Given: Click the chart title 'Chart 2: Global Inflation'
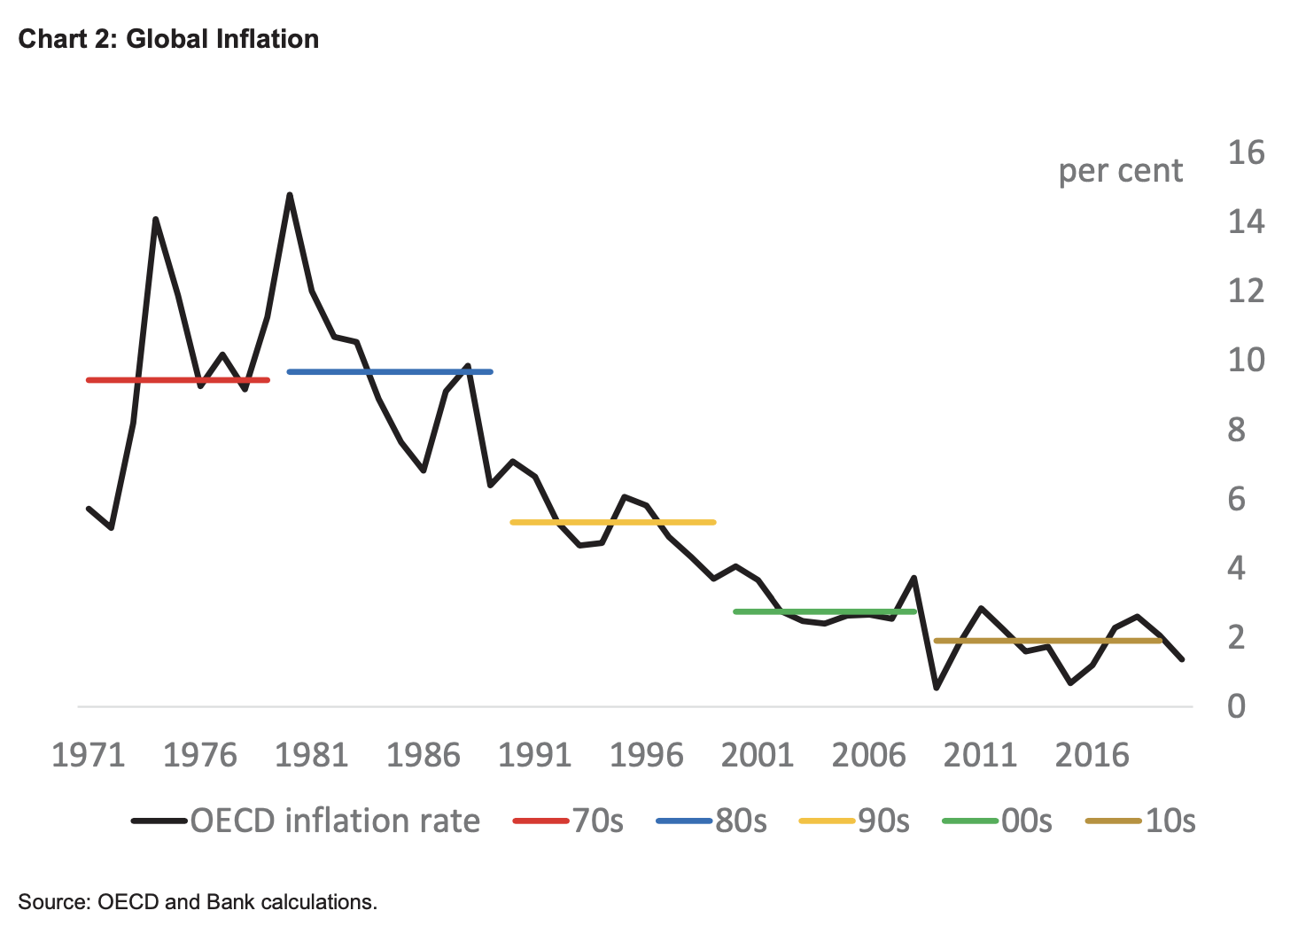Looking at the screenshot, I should coord(168,39).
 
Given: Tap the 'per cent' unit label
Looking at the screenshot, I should coord(1120,170).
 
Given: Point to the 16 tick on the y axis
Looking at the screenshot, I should coord(1246,152).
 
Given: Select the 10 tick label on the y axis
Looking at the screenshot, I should coord(1246,360).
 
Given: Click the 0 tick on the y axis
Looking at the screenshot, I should coord(1236,706).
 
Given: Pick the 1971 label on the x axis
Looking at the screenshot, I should coord(89,755).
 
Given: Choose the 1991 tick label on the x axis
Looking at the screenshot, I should coord(534,755).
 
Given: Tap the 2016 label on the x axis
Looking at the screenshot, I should coord(1092,755).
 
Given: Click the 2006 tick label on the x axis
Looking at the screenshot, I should coord(868,755).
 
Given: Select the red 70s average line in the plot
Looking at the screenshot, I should coord(177,380).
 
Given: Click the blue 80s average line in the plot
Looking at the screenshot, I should coord(390,371).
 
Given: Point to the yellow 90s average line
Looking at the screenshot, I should coord(612,522).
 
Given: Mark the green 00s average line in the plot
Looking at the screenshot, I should coord(824,611).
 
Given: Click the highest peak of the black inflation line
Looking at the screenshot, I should coord(290,195).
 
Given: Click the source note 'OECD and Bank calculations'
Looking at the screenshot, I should coord(198,902).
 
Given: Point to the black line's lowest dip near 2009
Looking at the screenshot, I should coord(937,688).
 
